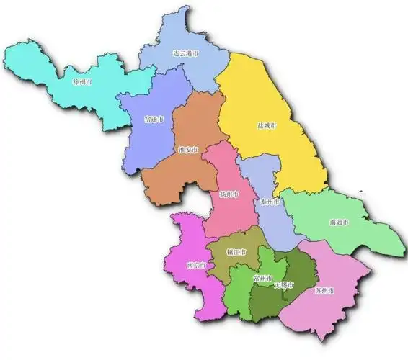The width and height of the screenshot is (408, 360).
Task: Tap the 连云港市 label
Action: point(186,54)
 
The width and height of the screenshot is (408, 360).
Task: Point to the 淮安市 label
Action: point(187,150)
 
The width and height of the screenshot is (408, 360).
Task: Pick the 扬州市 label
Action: point(229,194)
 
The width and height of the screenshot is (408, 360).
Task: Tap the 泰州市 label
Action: point(270,202)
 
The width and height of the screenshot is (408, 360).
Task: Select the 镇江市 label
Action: point(236,252)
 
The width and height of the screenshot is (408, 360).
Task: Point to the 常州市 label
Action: point(262,278)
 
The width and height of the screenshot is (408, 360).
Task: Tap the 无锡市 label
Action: point(284,287)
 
